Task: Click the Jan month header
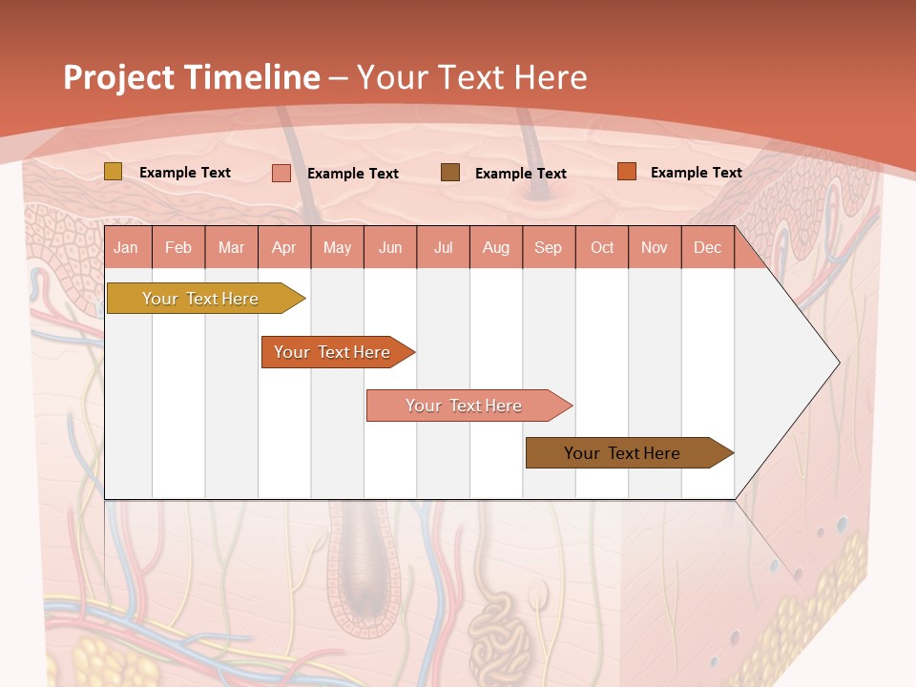tap(126, 247)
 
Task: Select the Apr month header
tap(283, 247)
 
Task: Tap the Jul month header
tap(443, 247)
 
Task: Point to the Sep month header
tap(548, 247)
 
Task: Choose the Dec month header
tap(707, 247)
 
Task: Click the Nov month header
tap(654, 247)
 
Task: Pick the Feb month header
tap(178, 247)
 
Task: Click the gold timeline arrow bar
tap(201, 299)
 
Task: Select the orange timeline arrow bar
tap(333, 352)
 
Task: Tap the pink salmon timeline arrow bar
tap(464, 406)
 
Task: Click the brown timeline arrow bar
tap(623, 453)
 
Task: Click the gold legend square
tap(113, 172)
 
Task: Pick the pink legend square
tap(281, 173)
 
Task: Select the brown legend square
tap(449, 172)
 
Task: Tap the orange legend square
tap(626, 171)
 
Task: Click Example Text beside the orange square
tap(696, 172)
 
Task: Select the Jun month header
tap(390, 247)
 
